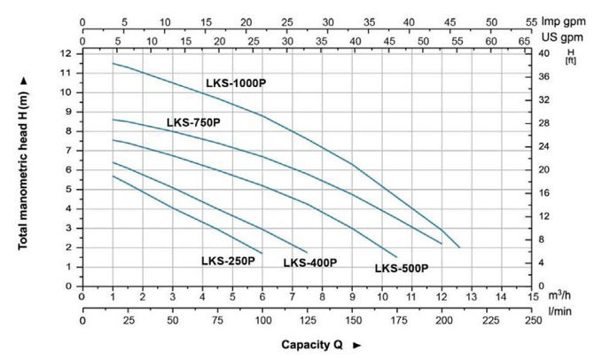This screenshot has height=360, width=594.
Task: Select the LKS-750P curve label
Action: pos(193,121)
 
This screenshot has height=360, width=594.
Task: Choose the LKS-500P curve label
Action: pos(402,268)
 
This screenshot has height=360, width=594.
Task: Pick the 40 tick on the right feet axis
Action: pos(546,53)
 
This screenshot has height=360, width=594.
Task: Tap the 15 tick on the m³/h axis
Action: pos(532,296)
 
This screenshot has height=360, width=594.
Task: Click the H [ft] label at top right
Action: pos(569,55)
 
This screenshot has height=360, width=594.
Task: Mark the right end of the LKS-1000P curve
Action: pos(459,247)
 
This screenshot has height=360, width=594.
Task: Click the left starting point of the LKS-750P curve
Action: pos(113,119)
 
